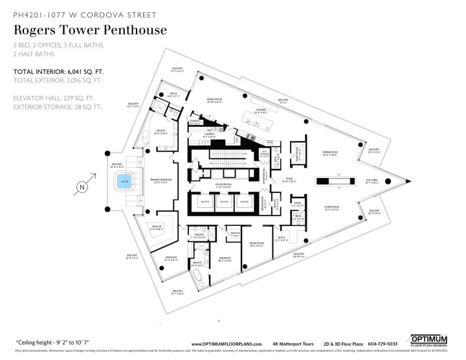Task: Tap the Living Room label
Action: click(332, 208)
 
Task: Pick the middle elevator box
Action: click(224, 202)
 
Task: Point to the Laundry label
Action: click(209, 135)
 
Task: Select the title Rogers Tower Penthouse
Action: click(91, 30)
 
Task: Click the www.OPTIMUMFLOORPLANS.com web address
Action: click(227, 344)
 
